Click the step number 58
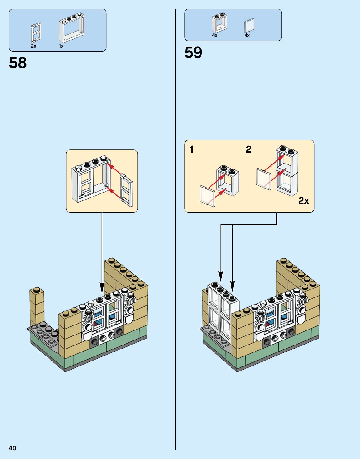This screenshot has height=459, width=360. [18, 63]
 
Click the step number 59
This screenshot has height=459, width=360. [193, 53]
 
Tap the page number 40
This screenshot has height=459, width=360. [13, 448]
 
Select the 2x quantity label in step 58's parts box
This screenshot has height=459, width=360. [33, 46]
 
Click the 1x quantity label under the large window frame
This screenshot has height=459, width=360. [61, 46]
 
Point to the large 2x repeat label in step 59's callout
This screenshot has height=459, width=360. [303, 200]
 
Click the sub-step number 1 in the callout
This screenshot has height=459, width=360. [192, 149]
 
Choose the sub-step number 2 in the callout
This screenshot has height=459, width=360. [248, 149]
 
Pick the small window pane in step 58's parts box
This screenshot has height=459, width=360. [36, 33]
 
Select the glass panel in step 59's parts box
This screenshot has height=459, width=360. [249, 25]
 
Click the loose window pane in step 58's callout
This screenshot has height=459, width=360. [126, 190]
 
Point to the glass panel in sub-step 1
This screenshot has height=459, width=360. [207, 196]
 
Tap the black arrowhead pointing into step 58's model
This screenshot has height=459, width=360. [102, 287]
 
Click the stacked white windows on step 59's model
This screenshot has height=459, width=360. [220, 313]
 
